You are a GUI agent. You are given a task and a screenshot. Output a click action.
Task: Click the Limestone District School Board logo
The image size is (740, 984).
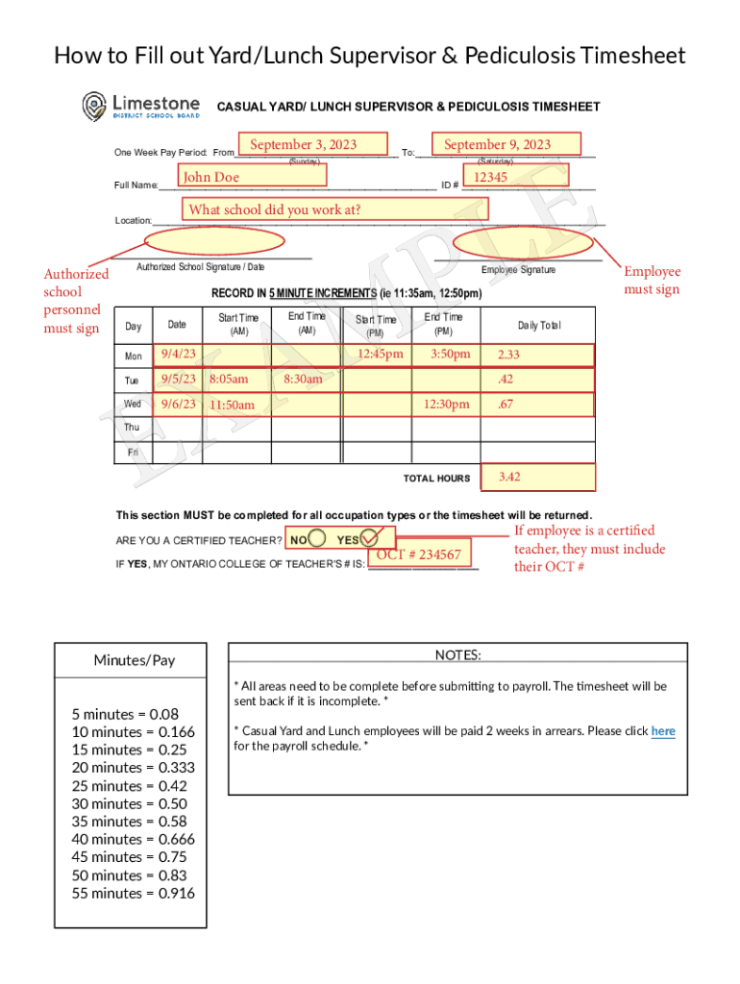[140, 106]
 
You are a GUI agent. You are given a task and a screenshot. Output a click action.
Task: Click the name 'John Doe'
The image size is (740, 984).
[252, 176]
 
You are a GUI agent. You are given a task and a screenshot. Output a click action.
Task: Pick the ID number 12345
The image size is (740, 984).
[516, 176]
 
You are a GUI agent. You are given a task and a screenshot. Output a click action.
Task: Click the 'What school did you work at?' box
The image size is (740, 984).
[335, 209]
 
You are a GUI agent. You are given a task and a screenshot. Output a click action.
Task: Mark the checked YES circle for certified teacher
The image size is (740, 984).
[372, 539]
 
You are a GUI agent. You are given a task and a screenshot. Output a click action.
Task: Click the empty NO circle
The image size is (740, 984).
[318, 539]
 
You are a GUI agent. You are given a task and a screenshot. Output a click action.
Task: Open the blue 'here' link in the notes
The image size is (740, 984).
[663, 731]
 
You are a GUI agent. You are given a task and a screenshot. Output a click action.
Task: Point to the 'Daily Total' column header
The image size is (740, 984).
[539, 326]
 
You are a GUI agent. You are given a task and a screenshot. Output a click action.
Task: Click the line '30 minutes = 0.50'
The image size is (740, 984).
[130, 803]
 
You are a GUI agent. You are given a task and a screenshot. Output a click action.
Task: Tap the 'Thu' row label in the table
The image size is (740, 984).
[132, 428]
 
